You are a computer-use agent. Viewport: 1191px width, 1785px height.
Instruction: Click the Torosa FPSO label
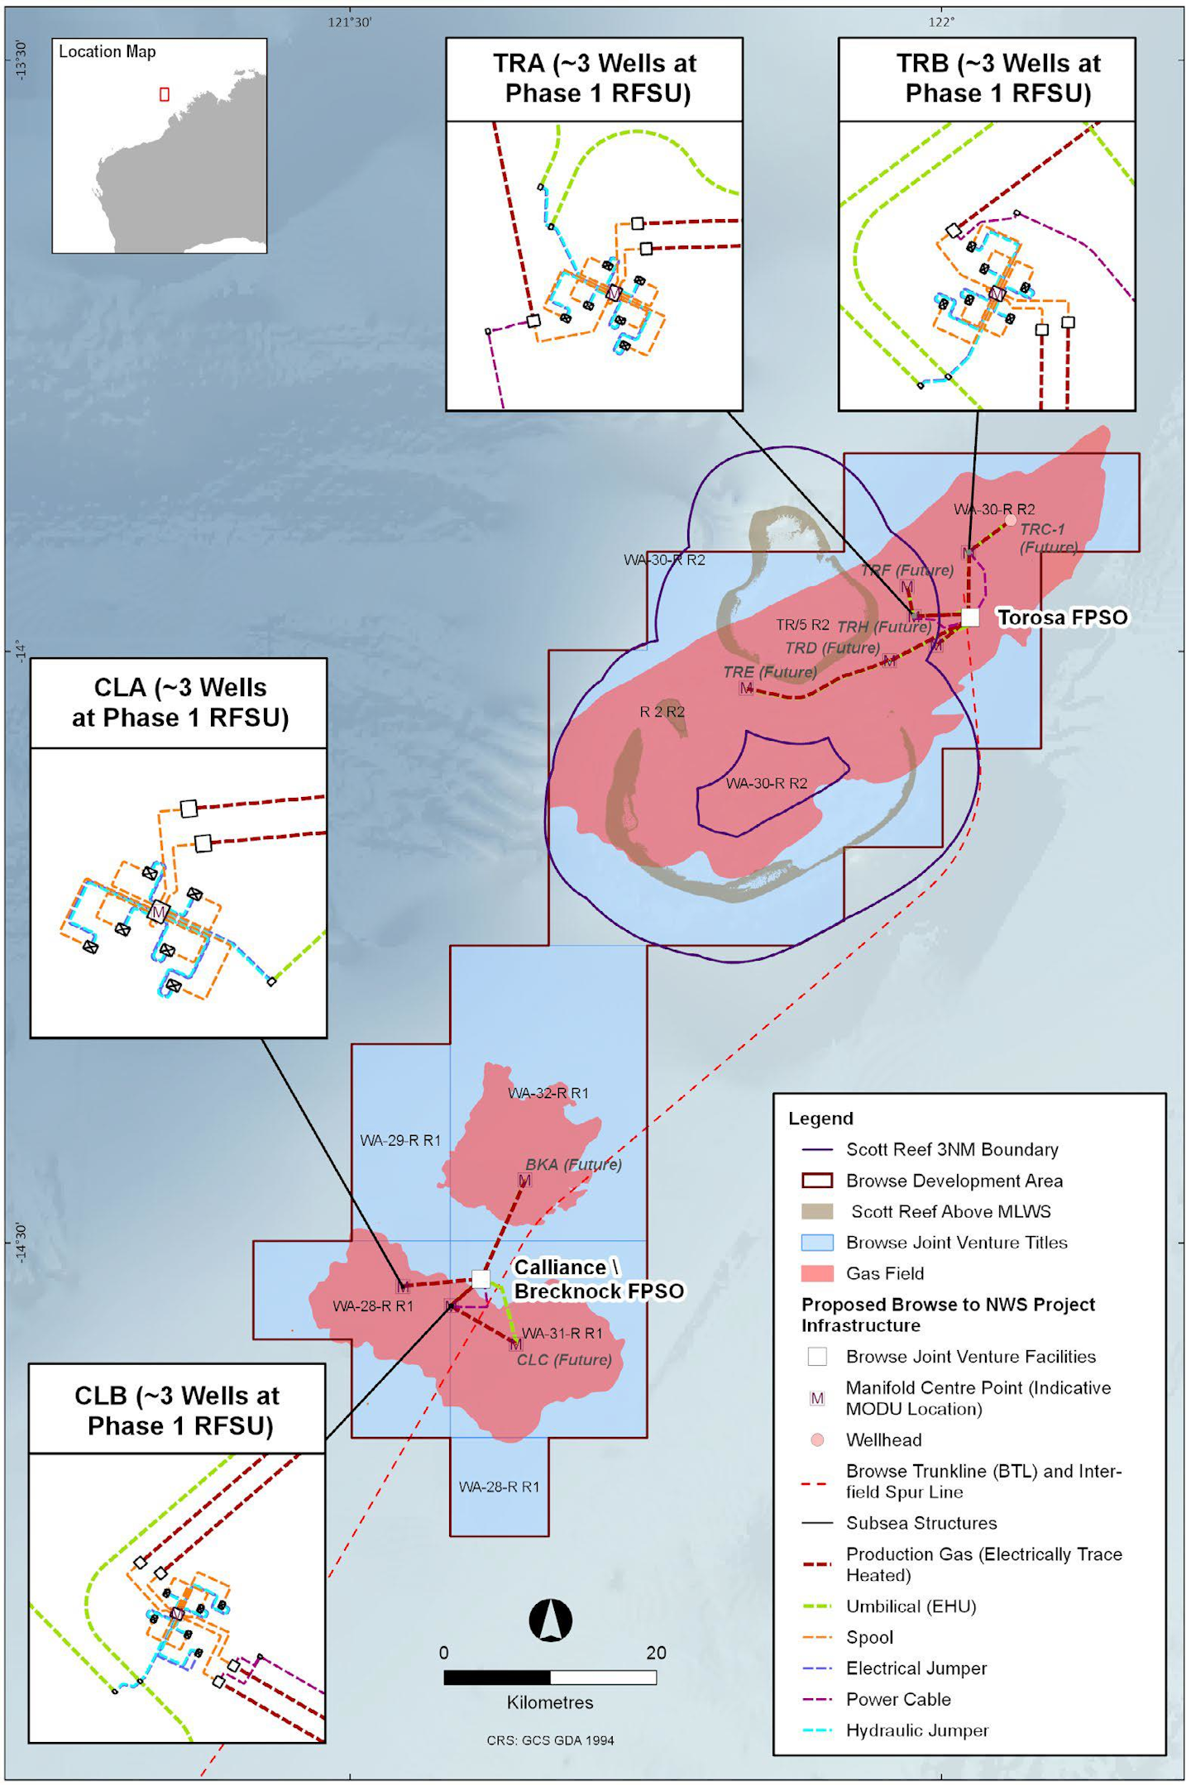tap(1062, 618)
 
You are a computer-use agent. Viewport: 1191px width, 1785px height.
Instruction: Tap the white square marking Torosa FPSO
tap(970, 617)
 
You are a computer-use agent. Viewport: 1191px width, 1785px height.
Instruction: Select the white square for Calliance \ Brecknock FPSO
tap(481, 1279)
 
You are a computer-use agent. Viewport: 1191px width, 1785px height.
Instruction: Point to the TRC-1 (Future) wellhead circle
tap(1010, 521)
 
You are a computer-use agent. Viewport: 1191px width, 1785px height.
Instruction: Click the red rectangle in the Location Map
tap(165, 94)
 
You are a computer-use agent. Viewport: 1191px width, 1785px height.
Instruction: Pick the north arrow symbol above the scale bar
tap(550, 1620)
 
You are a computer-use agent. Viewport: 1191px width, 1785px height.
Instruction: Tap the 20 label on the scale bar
tap(656, 1653)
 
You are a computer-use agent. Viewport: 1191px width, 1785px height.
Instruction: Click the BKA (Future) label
tap(573, 1164)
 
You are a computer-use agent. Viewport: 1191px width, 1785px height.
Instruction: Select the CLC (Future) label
tap(564, 1360)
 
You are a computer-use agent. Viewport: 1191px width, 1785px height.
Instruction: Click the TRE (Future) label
tap(770, 672)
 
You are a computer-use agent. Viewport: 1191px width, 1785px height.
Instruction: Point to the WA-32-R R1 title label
tap(548, 1093)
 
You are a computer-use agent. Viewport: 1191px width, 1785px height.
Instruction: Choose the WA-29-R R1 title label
tap(400, 1140)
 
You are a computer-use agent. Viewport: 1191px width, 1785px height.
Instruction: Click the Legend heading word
tap(820, 1119)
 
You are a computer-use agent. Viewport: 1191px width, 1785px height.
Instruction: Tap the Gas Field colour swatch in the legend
tap(817, 1273)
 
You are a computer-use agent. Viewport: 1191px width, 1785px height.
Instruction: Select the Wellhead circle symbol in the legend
tap(817, 1439)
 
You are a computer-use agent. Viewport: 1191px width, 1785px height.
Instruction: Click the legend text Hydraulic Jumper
tap(917, 1730)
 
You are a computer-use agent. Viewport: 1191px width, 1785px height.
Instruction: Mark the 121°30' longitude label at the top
tap(350, 22)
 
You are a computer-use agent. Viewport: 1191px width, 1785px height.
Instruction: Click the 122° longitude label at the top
tap(941, 22)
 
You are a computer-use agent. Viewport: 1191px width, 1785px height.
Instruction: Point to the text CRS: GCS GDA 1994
tap(550, 1740)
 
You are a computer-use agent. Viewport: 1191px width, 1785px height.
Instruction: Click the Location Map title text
tap(108, 51)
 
